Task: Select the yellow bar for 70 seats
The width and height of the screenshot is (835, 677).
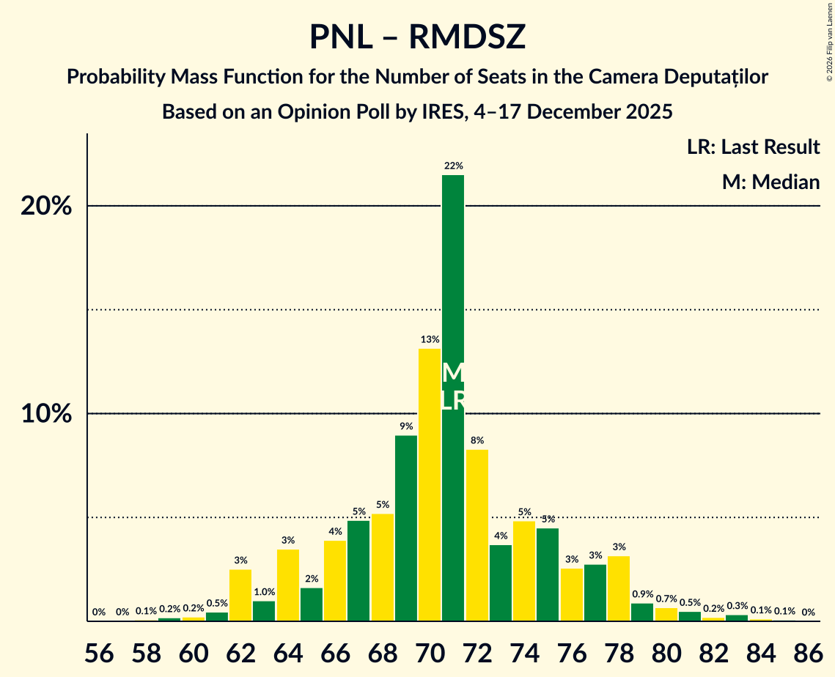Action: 430,484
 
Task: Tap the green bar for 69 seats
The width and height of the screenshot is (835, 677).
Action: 406,528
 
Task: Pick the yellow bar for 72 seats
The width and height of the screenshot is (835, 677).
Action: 477,535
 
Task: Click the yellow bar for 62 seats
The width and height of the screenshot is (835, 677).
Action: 240,595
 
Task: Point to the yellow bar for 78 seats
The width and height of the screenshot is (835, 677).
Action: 619,588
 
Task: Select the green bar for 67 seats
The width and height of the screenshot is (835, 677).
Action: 358,571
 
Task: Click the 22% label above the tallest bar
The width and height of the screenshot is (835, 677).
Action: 453,166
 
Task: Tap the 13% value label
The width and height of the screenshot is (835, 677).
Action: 430,340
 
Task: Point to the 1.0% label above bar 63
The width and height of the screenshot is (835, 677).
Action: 264,592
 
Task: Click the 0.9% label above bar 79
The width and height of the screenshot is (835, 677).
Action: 642,594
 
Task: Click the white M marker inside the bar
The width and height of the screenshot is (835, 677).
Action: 453,373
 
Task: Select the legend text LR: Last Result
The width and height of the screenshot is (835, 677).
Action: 753,147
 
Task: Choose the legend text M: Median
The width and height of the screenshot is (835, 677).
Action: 770,182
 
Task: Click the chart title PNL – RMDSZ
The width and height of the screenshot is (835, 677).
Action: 417,37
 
